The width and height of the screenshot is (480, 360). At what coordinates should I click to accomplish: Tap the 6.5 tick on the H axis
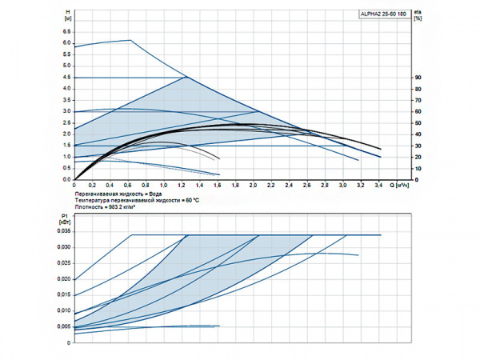point(67,32)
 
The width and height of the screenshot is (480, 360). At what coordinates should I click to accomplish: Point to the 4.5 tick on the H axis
point(67,78)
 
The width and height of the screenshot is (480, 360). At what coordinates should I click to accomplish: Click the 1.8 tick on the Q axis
point(236,186)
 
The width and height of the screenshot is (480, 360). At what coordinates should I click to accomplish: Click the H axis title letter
point(67,10)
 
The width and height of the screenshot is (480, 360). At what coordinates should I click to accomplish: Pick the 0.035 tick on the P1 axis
point(64,230)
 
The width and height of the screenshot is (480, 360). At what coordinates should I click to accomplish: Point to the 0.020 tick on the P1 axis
point(64,279)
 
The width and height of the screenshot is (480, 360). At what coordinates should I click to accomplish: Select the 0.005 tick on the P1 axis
point(64,327)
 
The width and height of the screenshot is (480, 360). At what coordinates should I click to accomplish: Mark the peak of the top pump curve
point(130,40)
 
